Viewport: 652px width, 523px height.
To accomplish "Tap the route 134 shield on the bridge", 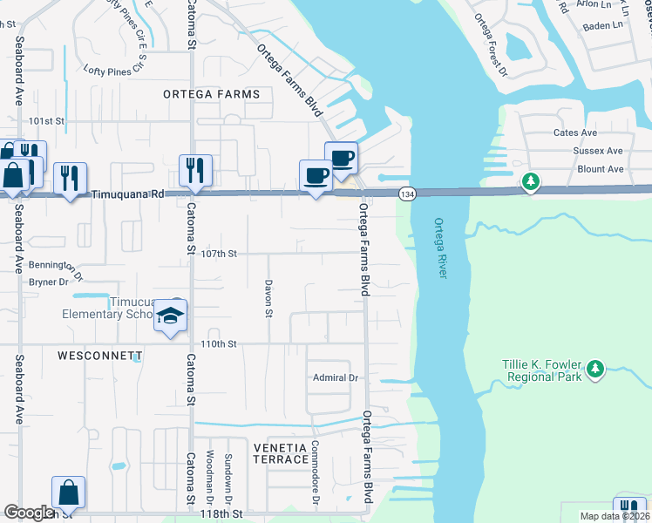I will point(406,193).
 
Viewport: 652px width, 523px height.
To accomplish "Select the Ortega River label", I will point(441,248).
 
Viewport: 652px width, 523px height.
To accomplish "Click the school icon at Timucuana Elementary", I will point(171,316).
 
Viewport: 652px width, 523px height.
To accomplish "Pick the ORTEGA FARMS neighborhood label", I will point(211,94).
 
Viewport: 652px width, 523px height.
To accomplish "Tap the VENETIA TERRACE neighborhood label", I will point(281,453).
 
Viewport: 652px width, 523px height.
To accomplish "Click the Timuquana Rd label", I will point(127,196).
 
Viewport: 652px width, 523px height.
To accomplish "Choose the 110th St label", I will point(219,344).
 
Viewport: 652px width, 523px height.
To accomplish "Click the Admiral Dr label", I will point(336,377).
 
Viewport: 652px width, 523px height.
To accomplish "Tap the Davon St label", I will point(269,299).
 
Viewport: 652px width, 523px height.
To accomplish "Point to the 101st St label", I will point(47,121).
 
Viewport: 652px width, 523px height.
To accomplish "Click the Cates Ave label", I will point(575,133).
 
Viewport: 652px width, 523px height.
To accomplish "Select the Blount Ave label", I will point(601,169).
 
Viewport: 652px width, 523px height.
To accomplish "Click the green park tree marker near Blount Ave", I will point(530,182).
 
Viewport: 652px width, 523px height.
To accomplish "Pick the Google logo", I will point(29,513).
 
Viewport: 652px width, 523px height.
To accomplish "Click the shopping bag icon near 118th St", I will point(68,492).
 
